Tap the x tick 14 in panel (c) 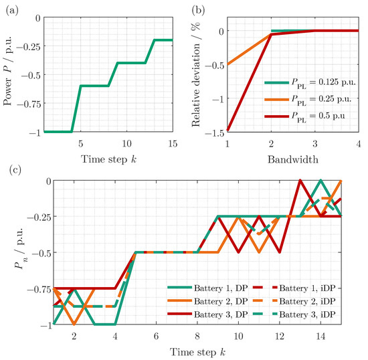point(320,335)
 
